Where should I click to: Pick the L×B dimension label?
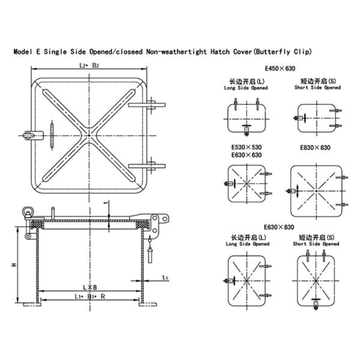91,287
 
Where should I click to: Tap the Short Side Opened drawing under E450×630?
315,116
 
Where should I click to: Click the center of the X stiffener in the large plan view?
89,136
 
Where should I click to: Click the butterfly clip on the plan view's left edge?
26,135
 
